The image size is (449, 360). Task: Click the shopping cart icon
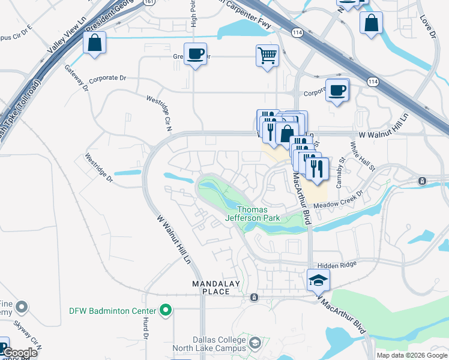click(x=267, y=56)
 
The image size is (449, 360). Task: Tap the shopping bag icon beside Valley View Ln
click(x=95, y=43)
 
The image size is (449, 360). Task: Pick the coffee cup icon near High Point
click(x=196, y=54)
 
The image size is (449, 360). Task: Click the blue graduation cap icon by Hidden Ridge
click(x=318, y=280)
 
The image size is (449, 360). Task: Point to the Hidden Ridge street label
click(x=337, y=264)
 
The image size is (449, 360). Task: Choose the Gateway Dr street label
click(x=76, y=77)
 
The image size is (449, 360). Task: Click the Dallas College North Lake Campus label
click(x=209, y=344)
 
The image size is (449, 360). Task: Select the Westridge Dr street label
click(x=99, y=169)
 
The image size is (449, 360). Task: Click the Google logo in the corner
click(x=19, y=353)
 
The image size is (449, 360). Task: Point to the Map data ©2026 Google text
click(x=411, y=355)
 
